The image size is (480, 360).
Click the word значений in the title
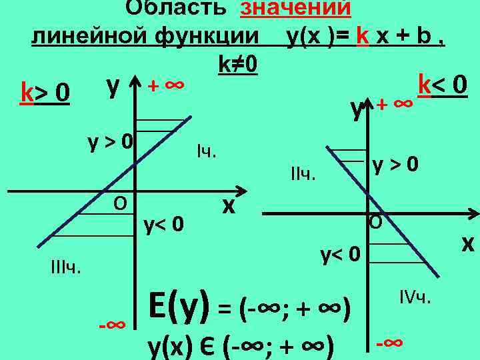(x=296, y=8)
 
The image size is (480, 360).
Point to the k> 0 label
(x=45, y=91)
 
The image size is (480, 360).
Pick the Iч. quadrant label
(x=207, y=152)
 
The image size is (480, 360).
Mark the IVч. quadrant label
(x=417, y=295)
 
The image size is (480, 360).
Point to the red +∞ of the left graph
(x=165, y=86)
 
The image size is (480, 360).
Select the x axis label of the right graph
(x=467, y=245)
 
